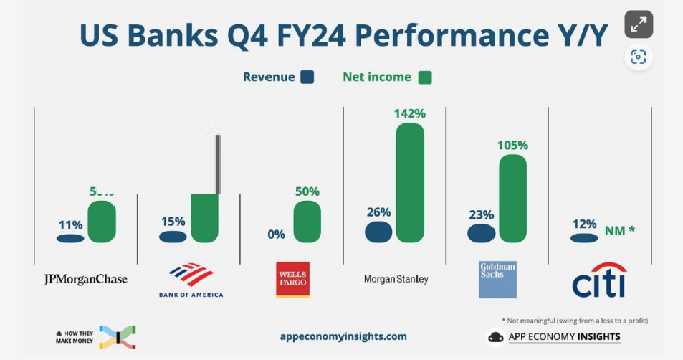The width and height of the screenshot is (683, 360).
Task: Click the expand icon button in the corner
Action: click(x=638, y=25)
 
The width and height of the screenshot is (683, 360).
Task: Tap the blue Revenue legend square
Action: click(x=307, y=77)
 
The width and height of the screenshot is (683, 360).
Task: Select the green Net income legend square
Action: click(x=424, y=77)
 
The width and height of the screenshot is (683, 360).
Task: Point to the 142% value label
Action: click(x=410, y=113)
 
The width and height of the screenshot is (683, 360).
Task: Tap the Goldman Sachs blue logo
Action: click(x=497, y=280)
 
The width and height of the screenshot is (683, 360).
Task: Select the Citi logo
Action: click(x=599, y=280)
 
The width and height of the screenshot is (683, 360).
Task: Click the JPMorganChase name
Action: click(x=85, y=279)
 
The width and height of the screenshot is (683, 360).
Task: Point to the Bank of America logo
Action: click(x=191, y=280)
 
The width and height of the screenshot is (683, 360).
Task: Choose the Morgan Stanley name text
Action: click(x=396, y=279)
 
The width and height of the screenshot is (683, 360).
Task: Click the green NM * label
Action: click(x=619, y=231)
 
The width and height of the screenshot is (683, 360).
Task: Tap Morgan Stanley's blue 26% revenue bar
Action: click(x=378, y=232)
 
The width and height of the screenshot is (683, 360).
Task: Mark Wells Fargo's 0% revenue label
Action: click(x=276, y=234)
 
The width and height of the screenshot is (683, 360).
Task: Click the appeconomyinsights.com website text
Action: click(x=343, y=336)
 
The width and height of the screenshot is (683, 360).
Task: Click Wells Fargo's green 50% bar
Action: click(x=307, y=221)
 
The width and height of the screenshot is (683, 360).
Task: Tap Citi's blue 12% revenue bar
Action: click(x=584, y=238)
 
